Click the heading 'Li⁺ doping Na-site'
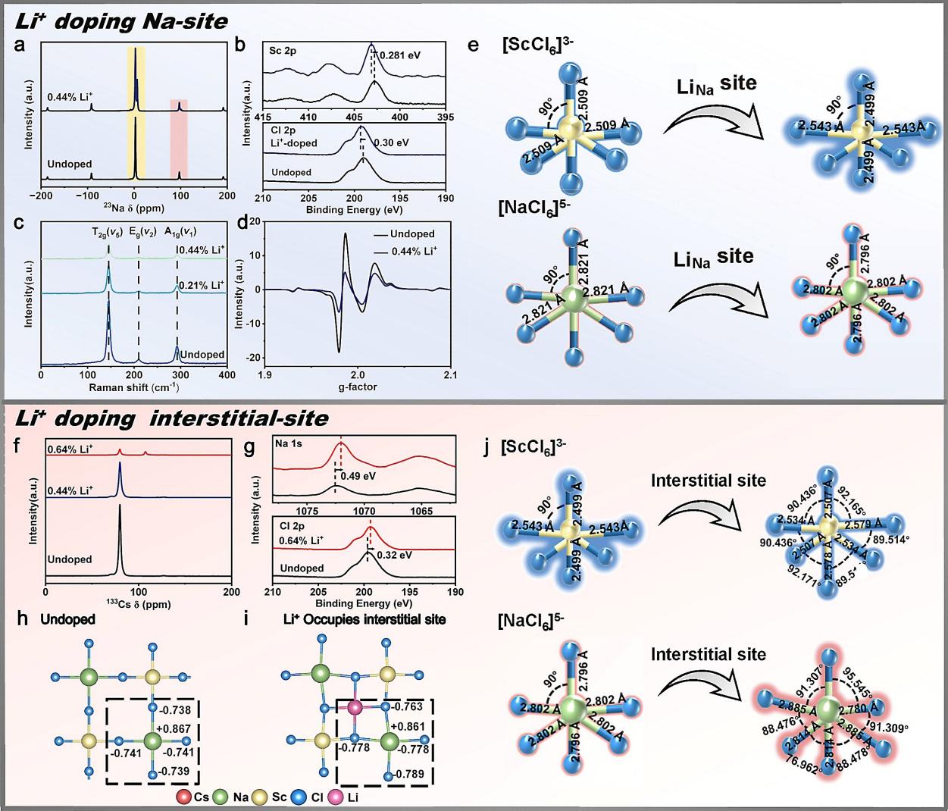point(120,20)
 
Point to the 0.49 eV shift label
point(355,476)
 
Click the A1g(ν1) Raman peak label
point(180,232)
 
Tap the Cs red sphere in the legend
point(183,797)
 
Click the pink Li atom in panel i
point(354,707)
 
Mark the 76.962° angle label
point(786,788)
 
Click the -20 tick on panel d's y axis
point(255,358)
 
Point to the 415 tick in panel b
point(263,117)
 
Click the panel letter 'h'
point(23,619)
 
